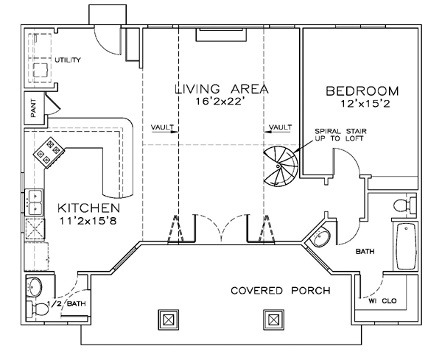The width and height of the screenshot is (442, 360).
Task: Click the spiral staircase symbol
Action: tap(281, 166)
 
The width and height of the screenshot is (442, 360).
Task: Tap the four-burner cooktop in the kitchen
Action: tap(49, 152)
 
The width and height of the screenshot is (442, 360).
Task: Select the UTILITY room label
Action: tap(68, 60)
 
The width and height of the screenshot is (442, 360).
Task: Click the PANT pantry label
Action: tap(33, 108)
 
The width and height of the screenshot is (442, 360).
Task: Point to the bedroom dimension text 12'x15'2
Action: tap(365, 104)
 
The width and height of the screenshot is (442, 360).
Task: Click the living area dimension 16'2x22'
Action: tap(220, 102)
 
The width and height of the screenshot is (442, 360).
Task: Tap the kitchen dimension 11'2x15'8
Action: tap(88, 221)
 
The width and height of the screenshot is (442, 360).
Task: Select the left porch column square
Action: tap(168, 320)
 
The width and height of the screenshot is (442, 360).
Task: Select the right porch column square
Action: tap(274, 320)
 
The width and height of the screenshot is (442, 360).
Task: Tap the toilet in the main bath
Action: tap(404, 205)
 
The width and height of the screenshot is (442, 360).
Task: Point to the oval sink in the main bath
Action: tap(320, 236)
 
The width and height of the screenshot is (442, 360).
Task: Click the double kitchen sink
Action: tap(35, 202)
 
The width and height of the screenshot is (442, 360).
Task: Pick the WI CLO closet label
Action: tap(382, 301)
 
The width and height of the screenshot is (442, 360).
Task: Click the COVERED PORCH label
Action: tap(281, 290)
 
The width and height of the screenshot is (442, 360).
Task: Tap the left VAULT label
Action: tap(162, 127)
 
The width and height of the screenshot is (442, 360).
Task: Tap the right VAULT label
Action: tap(280, 127)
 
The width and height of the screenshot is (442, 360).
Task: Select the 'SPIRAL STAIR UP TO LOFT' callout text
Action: tap(340, 135)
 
